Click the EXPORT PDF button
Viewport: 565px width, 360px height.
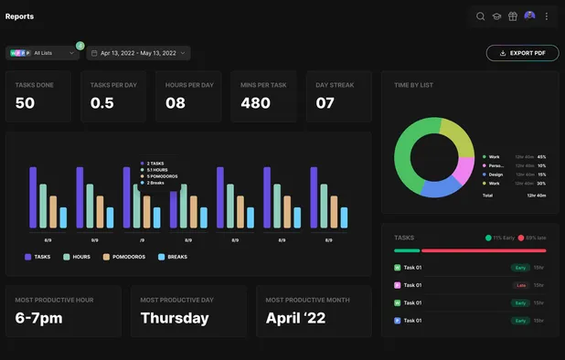click(x=522, y=53)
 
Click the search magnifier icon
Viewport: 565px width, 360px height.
click(x=481, y=16)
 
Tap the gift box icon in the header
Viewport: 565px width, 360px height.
click(x=513, y=16)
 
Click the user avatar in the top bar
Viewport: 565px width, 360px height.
click(x=530, y=16)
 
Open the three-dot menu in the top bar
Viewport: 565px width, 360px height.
click(x=547, y=16)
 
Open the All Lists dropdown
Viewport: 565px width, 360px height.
click(x=43, y=53)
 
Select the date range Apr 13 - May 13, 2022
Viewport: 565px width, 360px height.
click(x=138, y=53)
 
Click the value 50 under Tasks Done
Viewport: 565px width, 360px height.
click(x=25, y=103)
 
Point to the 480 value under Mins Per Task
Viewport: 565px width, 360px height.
click(x=255, y=103)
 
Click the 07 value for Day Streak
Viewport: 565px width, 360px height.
click(x=325, y=103)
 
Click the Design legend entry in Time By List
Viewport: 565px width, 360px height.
click(x=495, y=175)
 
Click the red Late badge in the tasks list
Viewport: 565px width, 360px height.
click(x=519, y=285)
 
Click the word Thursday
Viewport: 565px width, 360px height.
click(x=175, y=318)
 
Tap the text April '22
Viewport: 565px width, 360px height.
click(x=294, y=318)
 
